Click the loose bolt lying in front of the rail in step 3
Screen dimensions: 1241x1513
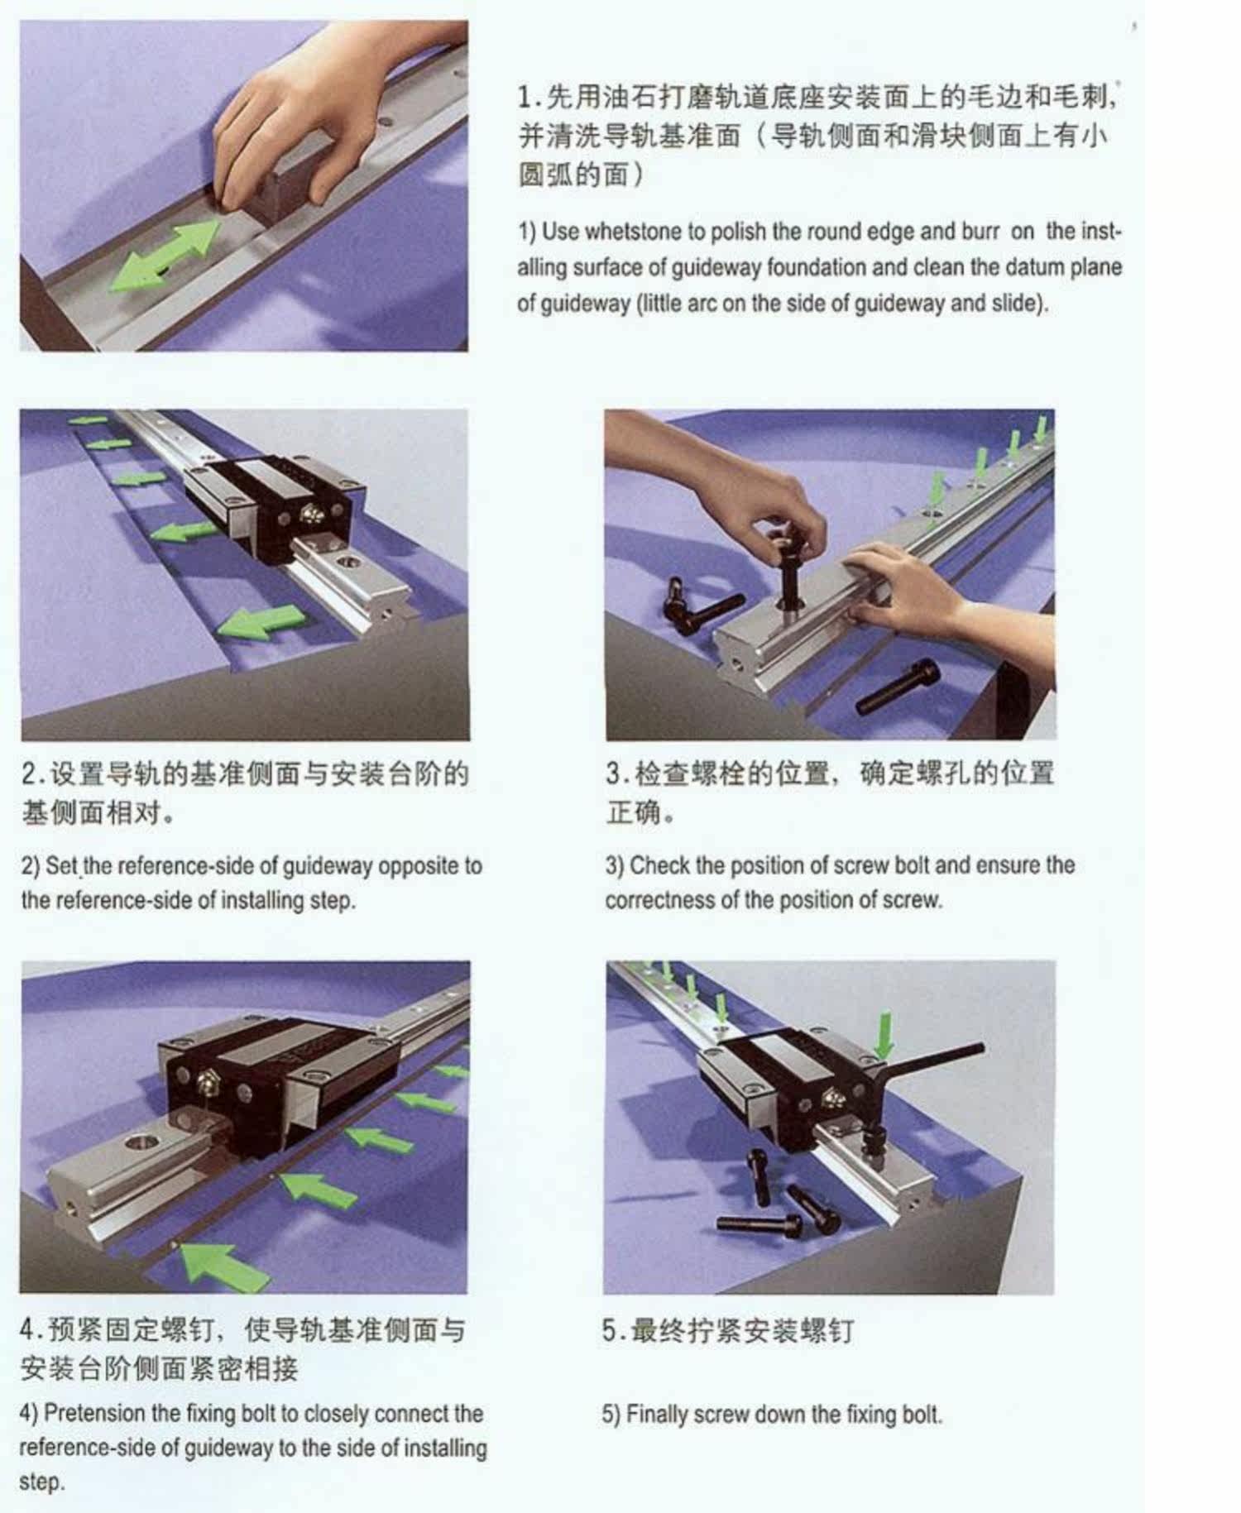[898, 687]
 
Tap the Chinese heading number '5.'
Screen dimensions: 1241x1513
[613, 1332]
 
